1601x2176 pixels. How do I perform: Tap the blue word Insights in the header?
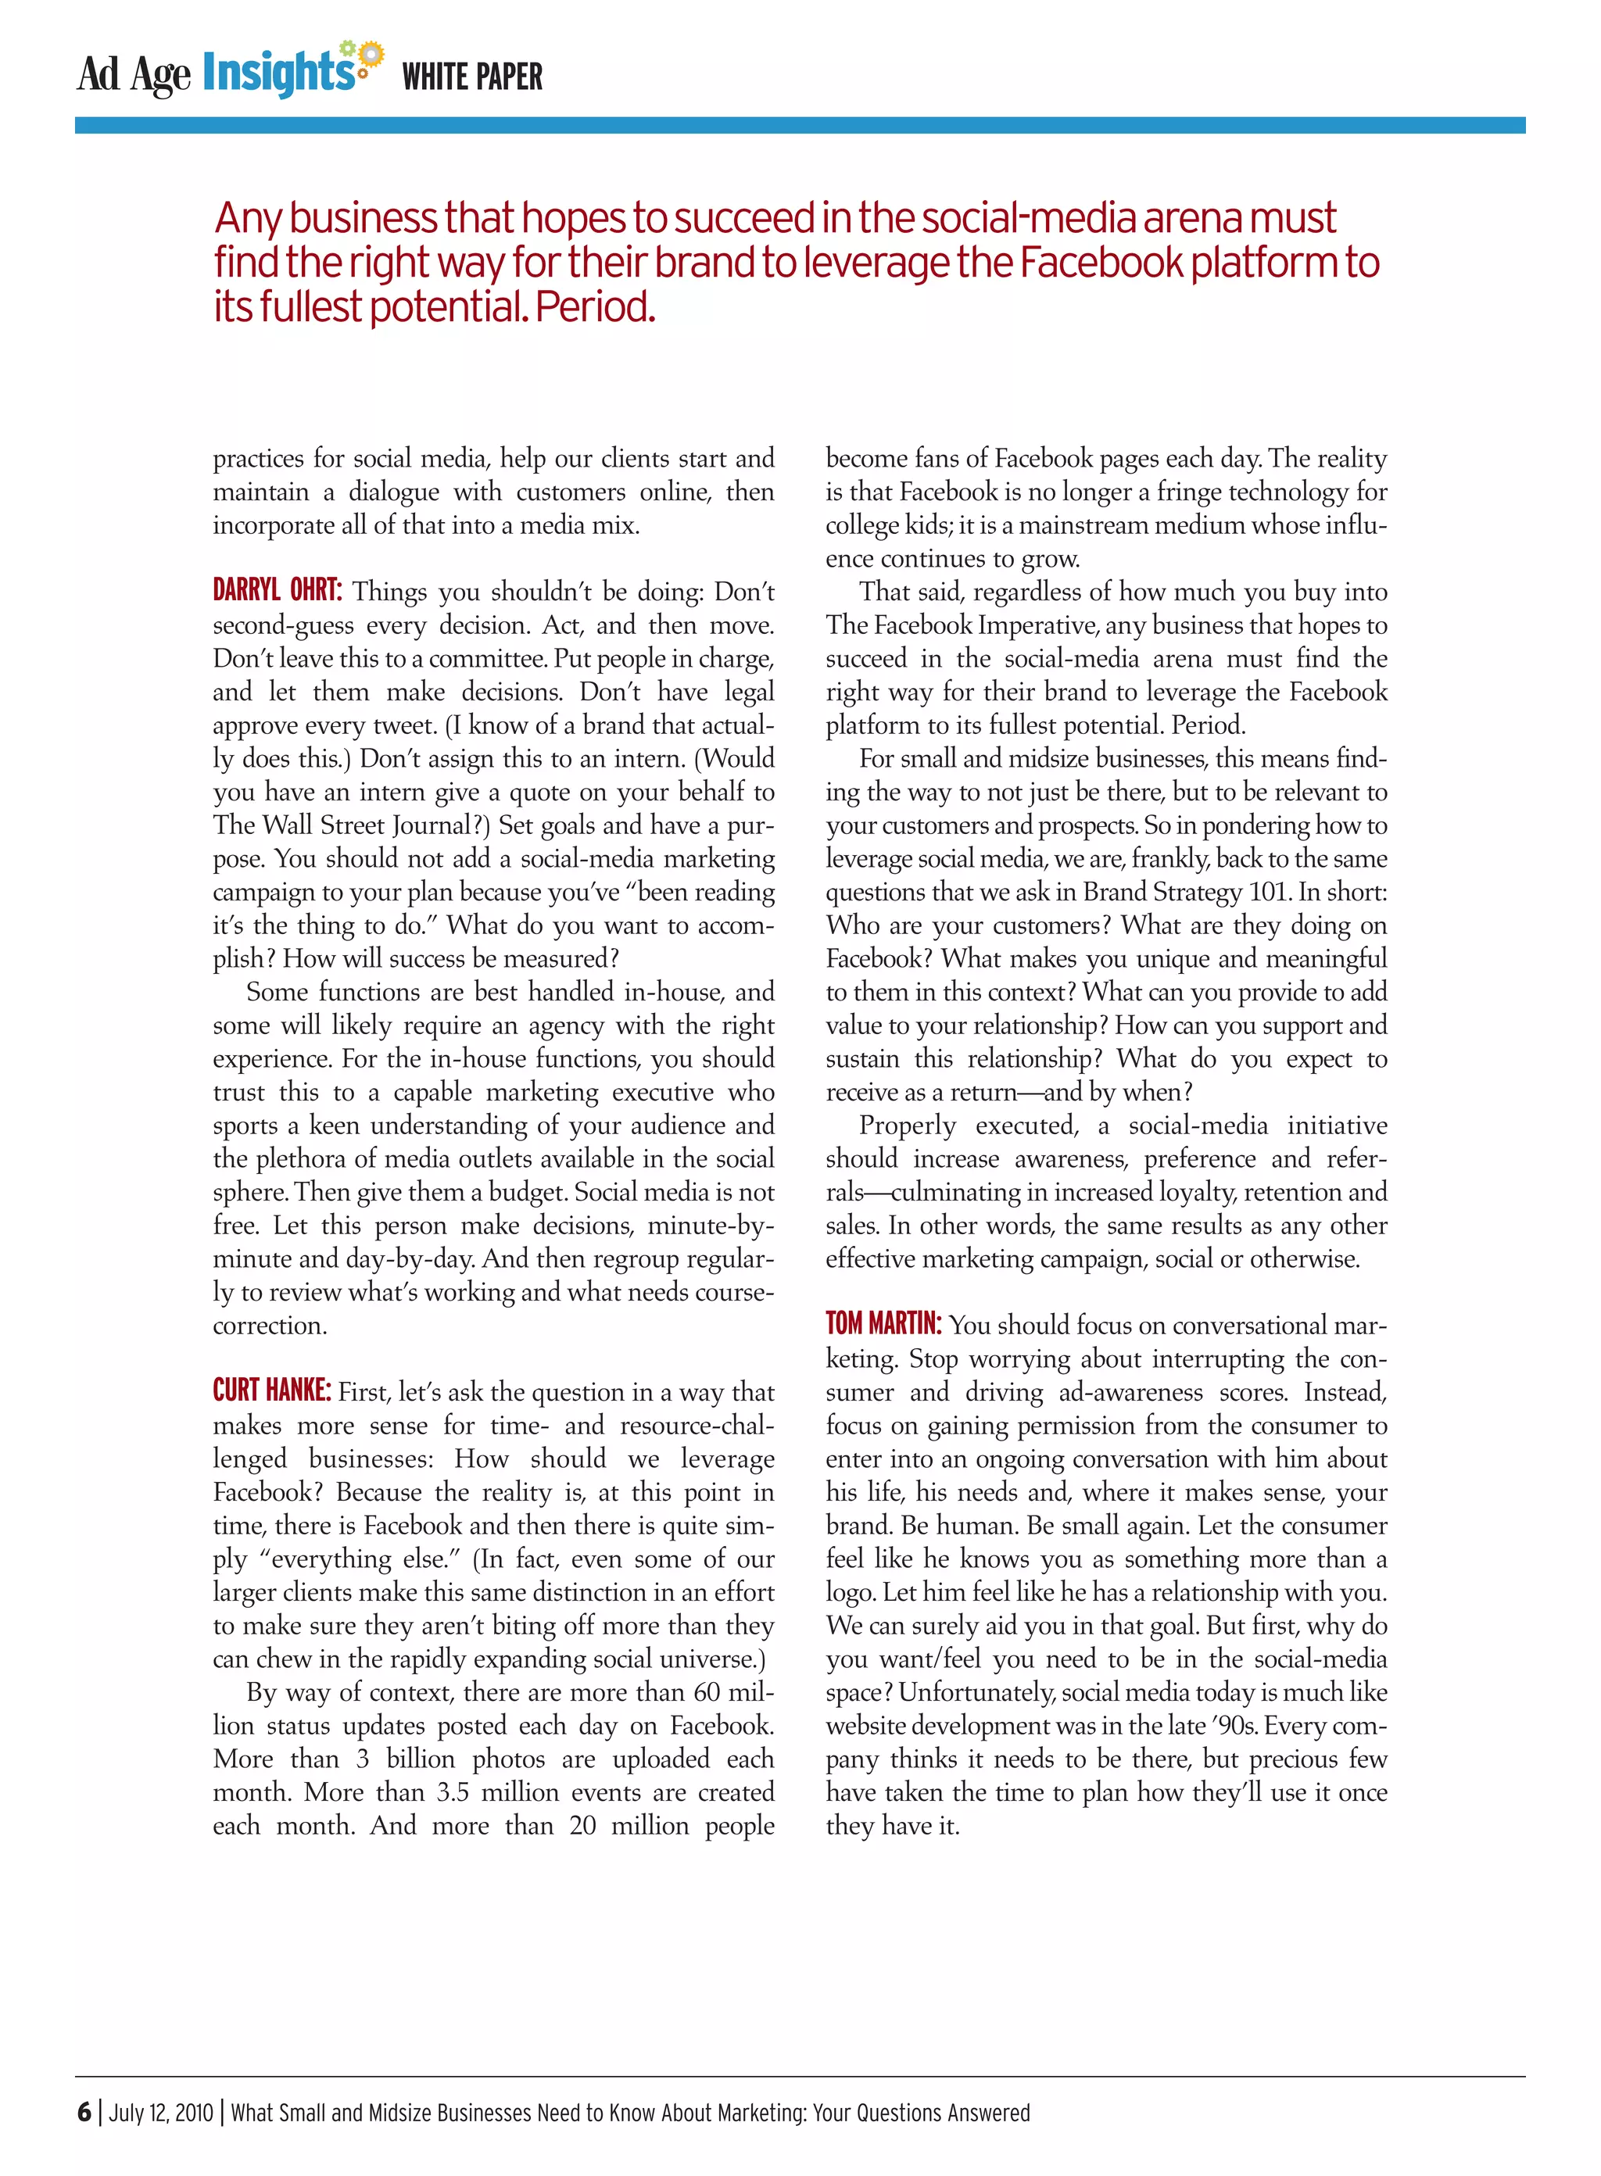click(278, 73)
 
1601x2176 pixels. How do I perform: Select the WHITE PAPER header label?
click(472, 77)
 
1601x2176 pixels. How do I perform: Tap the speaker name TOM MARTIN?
click(883, 1324)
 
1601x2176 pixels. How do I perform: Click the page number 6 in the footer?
click(84, 2112)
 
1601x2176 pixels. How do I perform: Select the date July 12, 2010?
click(161, 2113)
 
